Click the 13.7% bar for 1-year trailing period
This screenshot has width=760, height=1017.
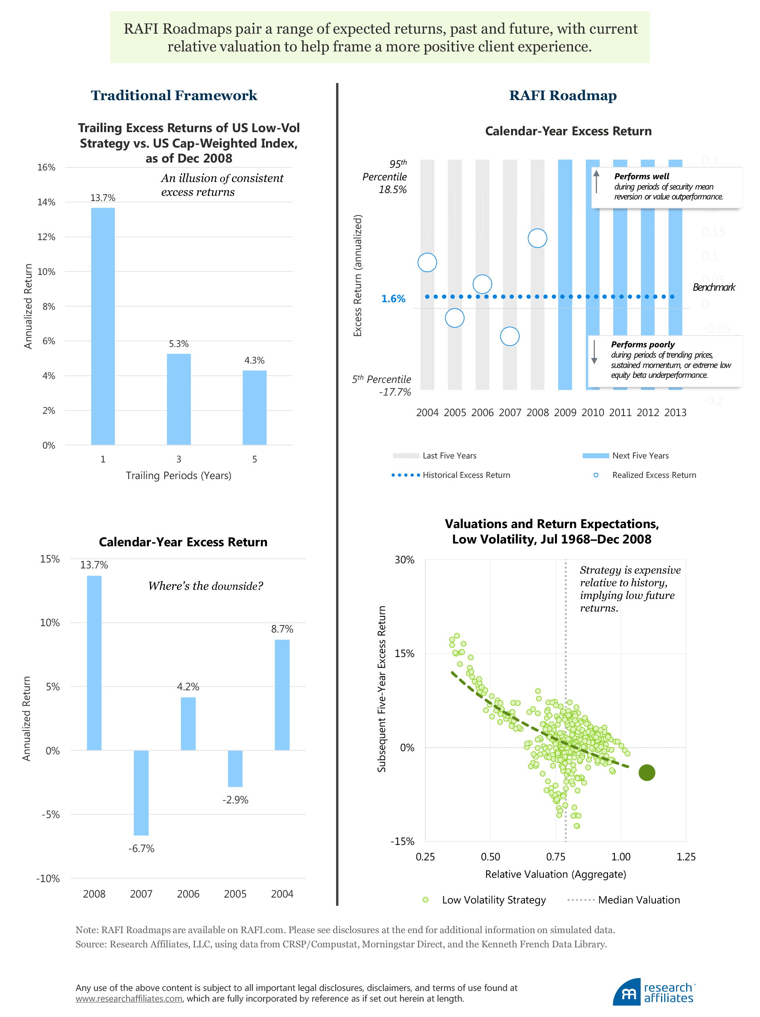tap(103, 326)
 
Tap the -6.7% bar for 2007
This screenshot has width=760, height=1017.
tap(141, 793)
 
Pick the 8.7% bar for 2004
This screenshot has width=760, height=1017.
tap(282, 695)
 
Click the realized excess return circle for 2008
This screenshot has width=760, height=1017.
tap(537, 238)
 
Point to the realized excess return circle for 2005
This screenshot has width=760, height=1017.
tap(454, 318)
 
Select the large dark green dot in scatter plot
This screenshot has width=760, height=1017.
tap(647, 773)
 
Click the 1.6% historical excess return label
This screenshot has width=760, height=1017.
tap(393, 299)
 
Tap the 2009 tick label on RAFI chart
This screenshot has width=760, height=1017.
tap(565, 413)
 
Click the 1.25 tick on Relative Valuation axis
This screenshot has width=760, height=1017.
tap(686, 856)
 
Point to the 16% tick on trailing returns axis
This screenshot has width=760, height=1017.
tap(46, 167)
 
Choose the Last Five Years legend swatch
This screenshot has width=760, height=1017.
tap(406, 456)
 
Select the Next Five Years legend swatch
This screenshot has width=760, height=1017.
tap(595, 456)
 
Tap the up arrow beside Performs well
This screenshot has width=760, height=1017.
tap(596, 181)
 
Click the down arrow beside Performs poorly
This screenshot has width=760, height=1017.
tap(594, 352)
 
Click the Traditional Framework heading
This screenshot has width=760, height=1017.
tap(174, 95)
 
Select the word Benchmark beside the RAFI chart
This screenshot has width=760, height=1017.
tap(714, 287)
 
